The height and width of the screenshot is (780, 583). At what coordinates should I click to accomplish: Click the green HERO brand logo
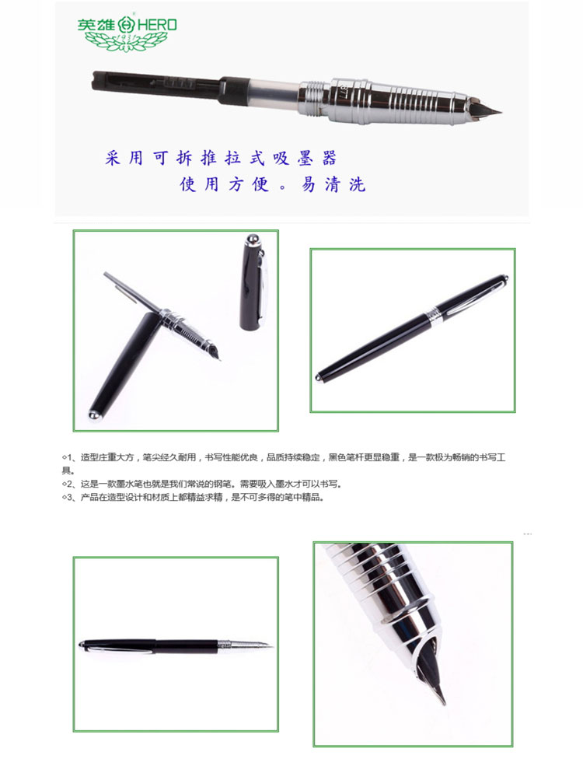[x=127, y=33]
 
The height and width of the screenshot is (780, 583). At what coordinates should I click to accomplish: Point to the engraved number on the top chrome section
[x=343, y=89]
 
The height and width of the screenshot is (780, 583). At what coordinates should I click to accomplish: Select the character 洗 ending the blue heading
[x=357, y=184]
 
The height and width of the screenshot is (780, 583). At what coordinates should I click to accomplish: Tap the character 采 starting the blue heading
[x=113, y=158]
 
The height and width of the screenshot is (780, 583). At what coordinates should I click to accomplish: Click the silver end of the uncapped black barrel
[x=93, y=414]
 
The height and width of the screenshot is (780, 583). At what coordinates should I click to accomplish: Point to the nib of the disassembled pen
[x=215, y=352]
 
